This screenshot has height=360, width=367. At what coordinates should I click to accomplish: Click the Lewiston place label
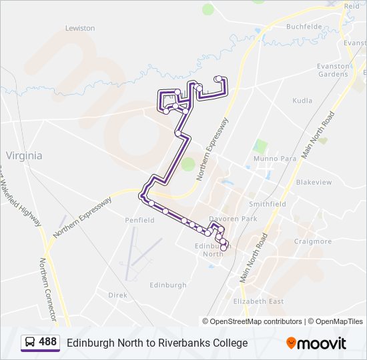point(80,28)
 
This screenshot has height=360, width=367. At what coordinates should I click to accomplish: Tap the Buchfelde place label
point(304,27)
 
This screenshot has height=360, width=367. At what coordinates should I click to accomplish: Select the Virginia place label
point(24,155)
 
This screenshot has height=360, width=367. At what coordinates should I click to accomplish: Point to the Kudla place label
point(302,101)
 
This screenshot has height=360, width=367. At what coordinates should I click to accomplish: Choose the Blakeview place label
point(314,182)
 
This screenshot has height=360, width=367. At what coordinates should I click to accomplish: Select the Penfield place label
point(139,220)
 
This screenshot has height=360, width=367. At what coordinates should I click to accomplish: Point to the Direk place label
point(117,294)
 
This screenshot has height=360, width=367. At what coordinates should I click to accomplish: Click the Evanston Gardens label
point(333,70)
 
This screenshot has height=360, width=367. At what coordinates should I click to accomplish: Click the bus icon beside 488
point(29,343)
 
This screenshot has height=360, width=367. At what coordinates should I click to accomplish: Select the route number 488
point(48,343)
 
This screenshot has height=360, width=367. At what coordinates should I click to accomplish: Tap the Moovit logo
point(316,343)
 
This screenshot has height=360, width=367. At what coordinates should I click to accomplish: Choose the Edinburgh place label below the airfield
point(168,285)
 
